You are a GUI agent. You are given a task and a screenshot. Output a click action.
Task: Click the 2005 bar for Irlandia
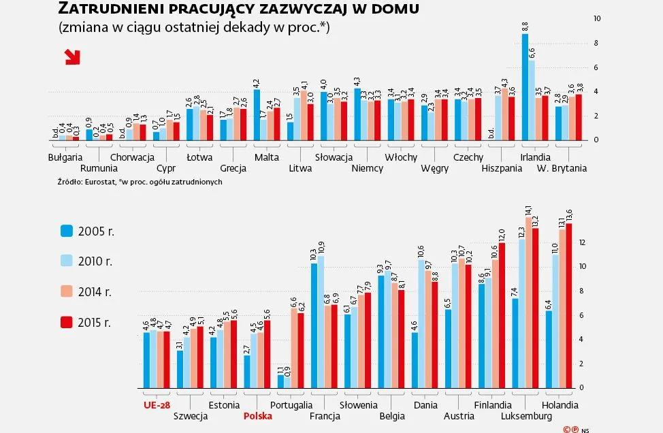click(525, 87)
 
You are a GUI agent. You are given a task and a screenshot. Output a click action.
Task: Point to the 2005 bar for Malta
click(257, 114)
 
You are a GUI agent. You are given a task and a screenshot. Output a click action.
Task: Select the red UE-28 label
click(157, 404)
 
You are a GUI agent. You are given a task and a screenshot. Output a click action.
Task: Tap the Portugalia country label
click(291, 404)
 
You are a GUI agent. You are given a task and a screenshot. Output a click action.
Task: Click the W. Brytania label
click(562, 168)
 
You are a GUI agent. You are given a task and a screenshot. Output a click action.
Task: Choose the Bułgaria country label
click(65, 157)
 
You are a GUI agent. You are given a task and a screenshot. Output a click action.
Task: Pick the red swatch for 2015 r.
click(66, 321)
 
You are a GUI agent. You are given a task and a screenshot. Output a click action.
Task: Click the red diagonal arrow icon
click(72, 57)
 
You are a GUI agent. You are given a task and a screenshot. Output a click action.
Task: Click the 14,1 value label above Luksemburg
click(529, 210)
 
